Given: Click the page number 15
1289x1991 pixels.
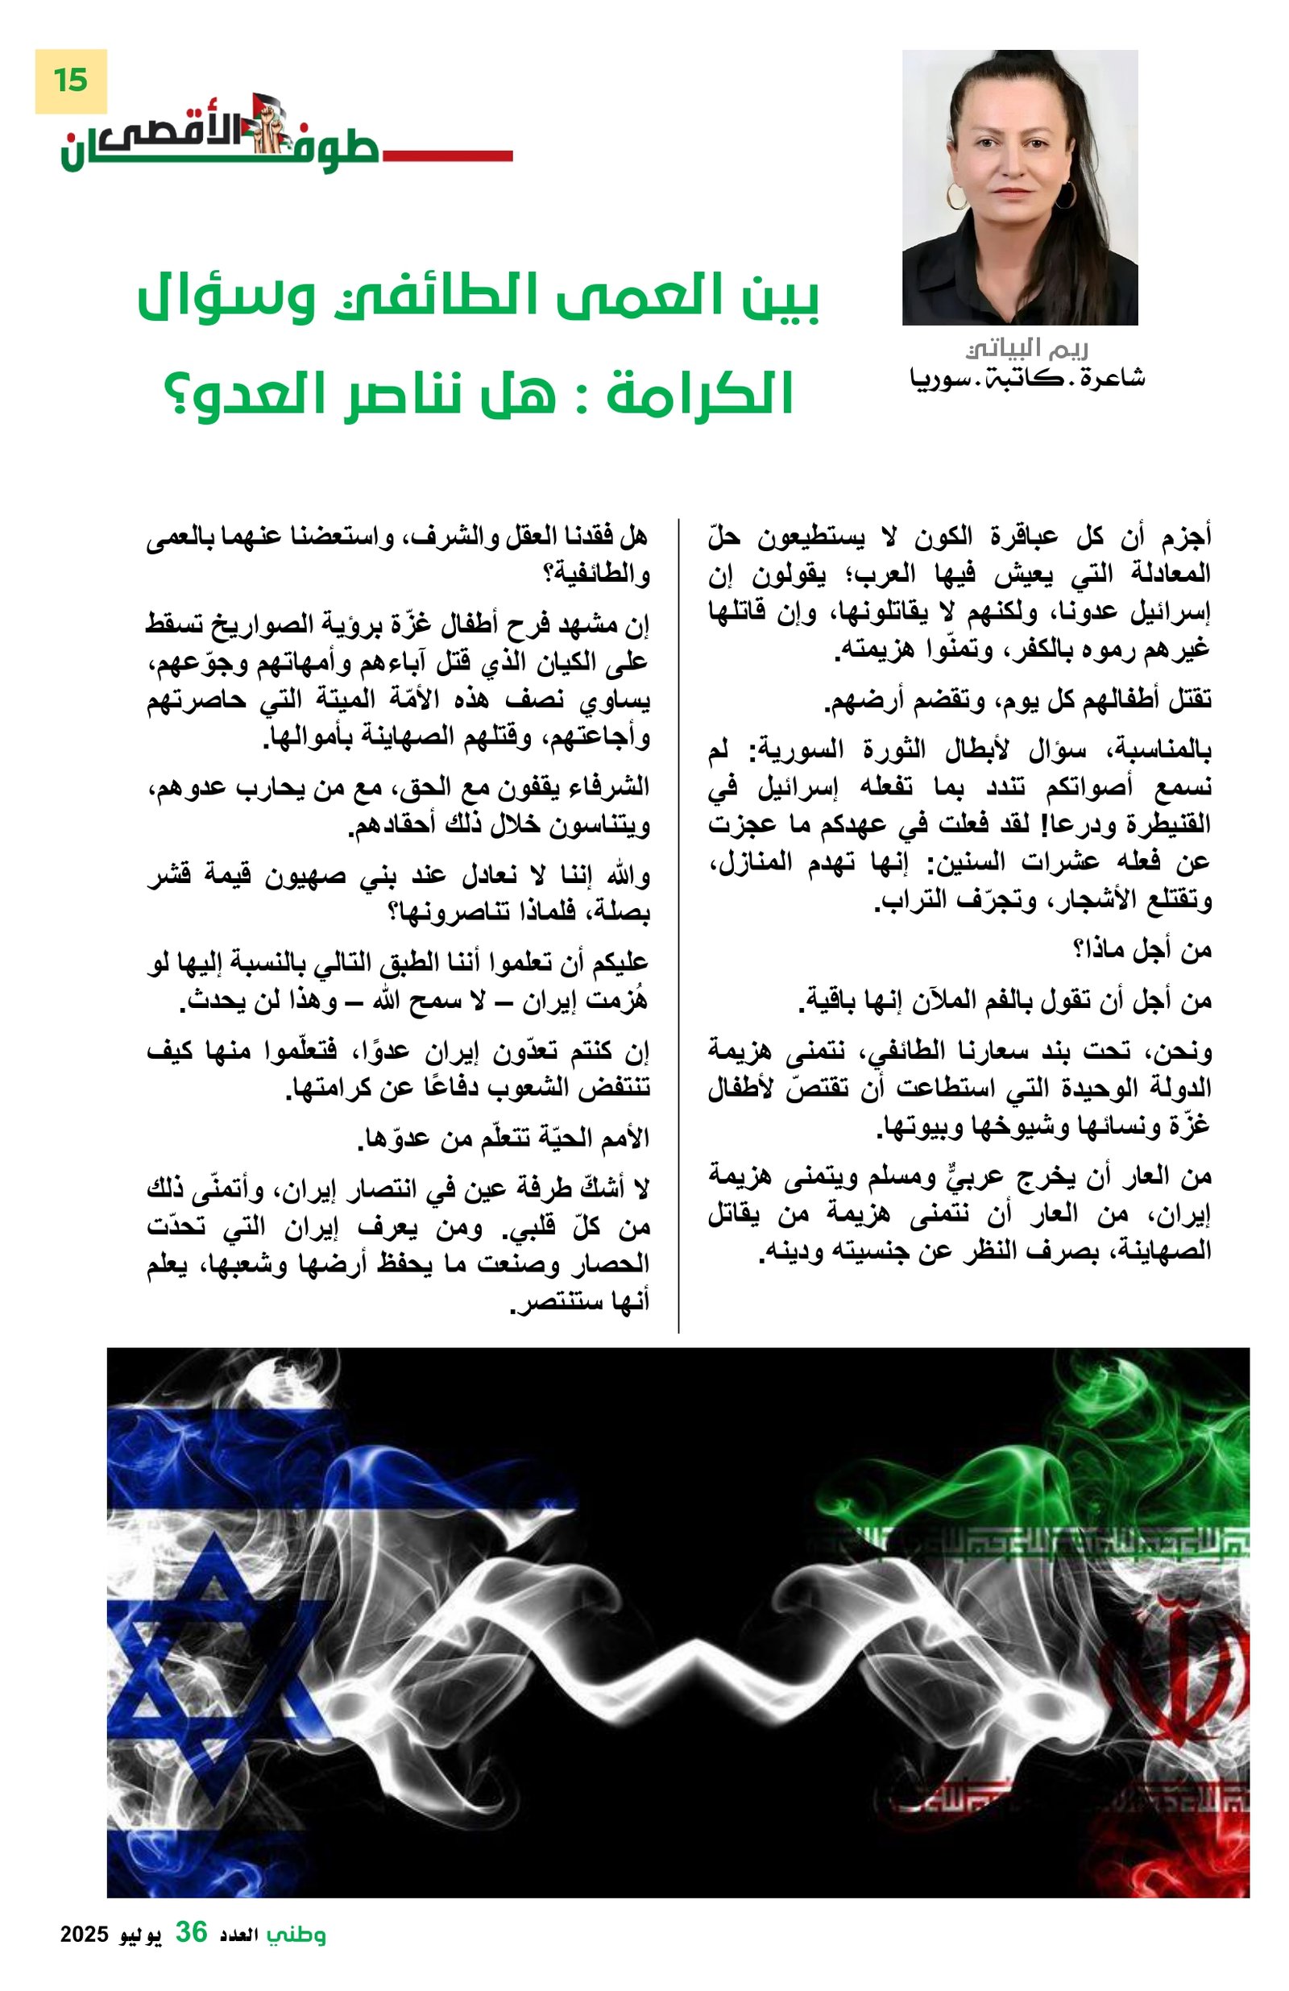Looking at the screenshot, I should tap(70, 81).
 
